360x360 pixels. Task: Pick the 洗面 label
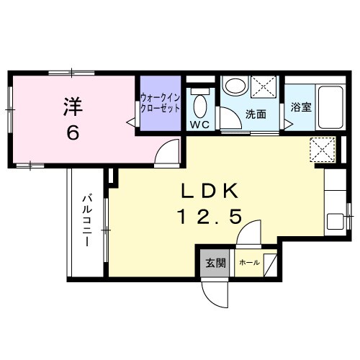point(256,114)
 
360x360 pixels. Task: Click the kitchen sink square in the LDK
point(336,220)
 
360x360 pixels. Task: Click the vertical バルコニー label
point(86,220)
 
